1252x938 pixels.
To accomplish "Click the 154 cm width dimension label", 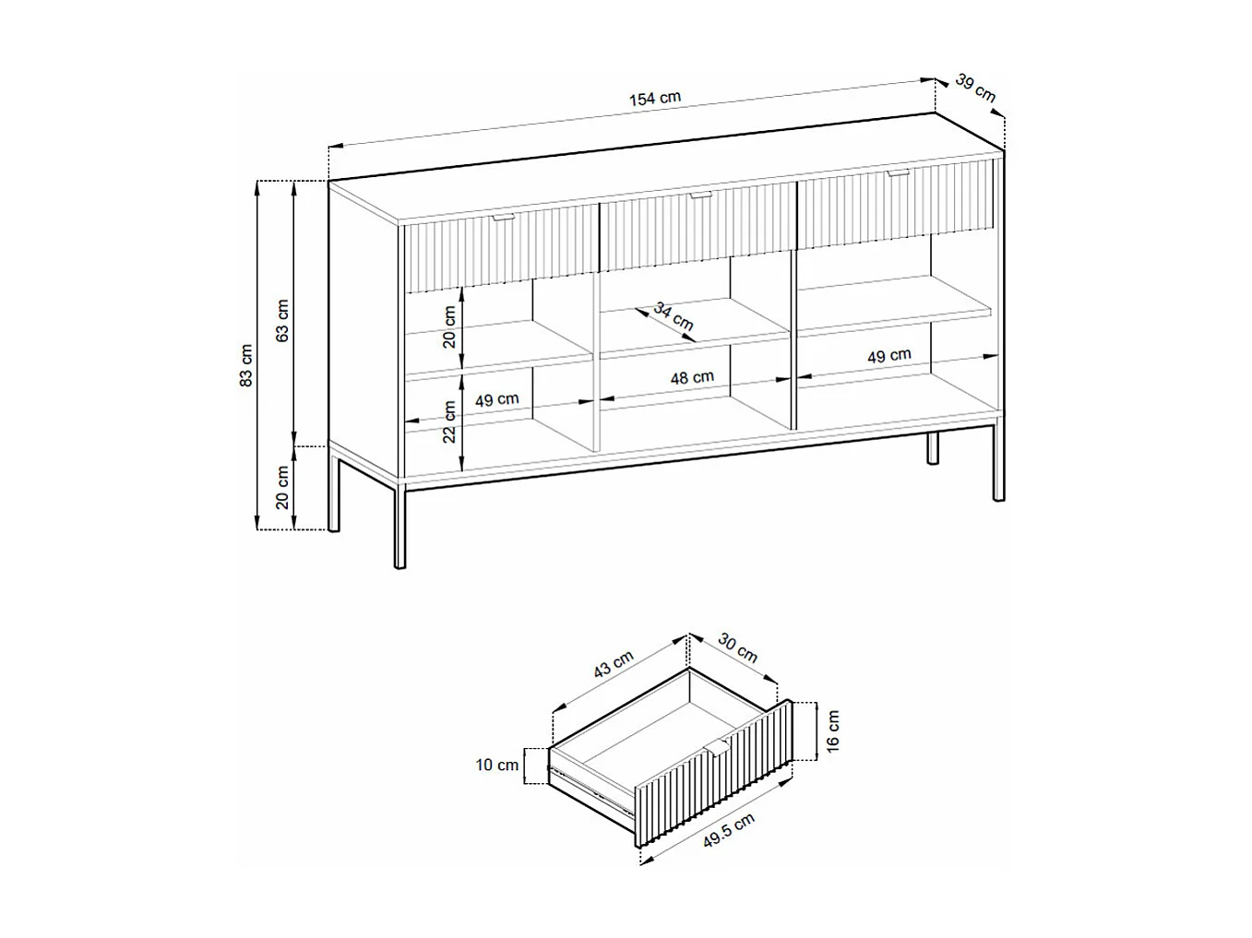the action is (x=654, y=98).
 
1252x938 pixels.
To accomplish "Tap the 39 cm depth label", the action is (x=975, y=89).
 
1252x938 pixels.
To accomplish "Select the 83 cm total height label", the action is (x=245, y=365).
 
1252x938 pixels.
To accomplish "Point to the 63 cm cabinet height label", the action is (x=282, y=320).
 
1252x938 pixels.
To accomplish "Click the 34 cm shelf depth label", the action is (x=674, y=316).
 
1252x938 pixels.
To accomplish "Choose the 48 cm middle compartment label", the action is (x=692, y=377).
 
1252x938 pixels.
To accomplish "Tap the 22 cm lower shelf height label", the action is (x=449, y=422).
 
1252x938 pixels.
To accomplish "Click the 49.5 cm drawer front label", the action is (x=728, y=830).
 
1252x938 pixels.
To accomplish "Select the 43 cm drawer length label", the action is (x=614, y=664).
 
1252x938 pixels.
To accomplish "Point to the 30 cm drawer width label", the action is (x=737, y=648).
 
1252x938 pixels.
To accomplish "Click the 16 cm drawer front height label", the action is (x=832, y=731).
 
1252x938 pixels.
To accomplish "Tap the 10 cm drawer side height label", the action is (x=497, y=766).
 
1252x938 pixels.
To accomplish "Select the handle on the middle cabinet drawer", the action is (x=700, y=196).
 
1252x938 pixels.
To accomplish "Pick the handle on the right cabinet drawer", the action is (x=899, y=172).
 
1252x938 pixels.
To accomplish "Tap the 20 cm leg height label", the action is (x=282, y=488).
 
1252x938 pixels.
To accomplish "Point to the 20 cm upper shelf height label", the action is (x=449, y=327).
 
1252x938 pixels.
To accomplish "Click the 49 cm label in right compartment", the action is (x=889, y=356).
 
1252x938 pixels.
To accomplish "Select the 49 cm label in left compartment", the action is (x=496, y=399).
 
